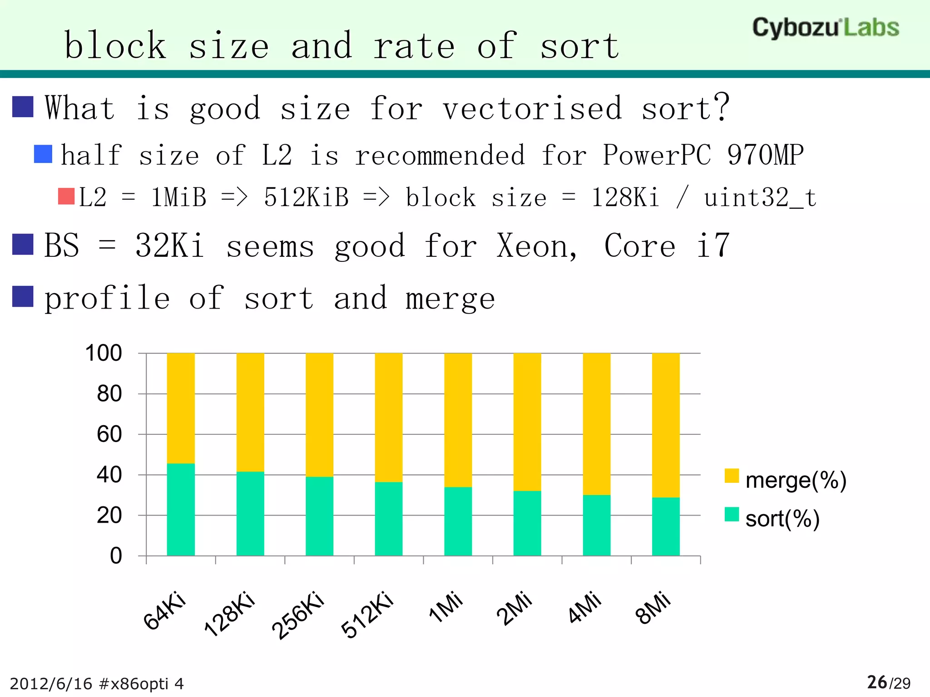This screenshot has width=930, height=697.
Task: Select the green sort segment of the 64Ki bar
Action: click(181, 509)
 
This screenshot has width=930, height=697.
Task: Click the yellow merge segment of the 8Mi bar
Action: click(666, 425)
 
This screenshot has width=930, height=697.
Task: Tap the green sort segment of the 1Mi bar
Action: click(458, 521)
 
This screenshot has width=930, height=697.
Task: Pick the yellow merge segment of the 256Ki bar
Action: click(319, 415)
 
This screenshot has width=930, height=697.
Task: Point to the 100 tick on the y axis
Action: click(104, 353)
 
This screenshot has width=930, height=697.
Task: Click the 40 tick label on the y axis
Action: click(109, 475)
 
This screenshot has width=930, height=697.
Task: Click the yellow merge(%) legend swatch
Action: click(732, 476)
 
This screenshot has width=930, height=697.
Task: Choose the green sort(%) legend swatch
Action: click(732, 514)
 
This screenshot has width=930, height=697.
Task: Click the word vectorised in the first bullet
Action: click(532, 109)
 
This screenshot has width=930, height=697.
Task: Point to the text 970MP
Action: click(765, 155)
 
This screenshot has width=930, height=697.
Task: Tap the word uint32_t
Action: click(760, 198)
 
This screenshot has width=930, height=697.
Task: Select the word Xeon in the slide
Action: click(536, 246)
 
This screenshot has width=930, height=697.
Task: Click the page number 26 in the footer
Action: click(876, 682)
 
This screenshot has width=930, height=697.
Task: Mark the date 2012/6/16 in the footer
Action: click(51, 684)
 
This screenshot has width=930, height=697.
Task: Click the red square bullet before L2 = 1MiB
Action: click(66, 196)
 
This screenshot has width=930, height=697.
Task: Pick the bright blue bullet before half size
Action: click(43, 154)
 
